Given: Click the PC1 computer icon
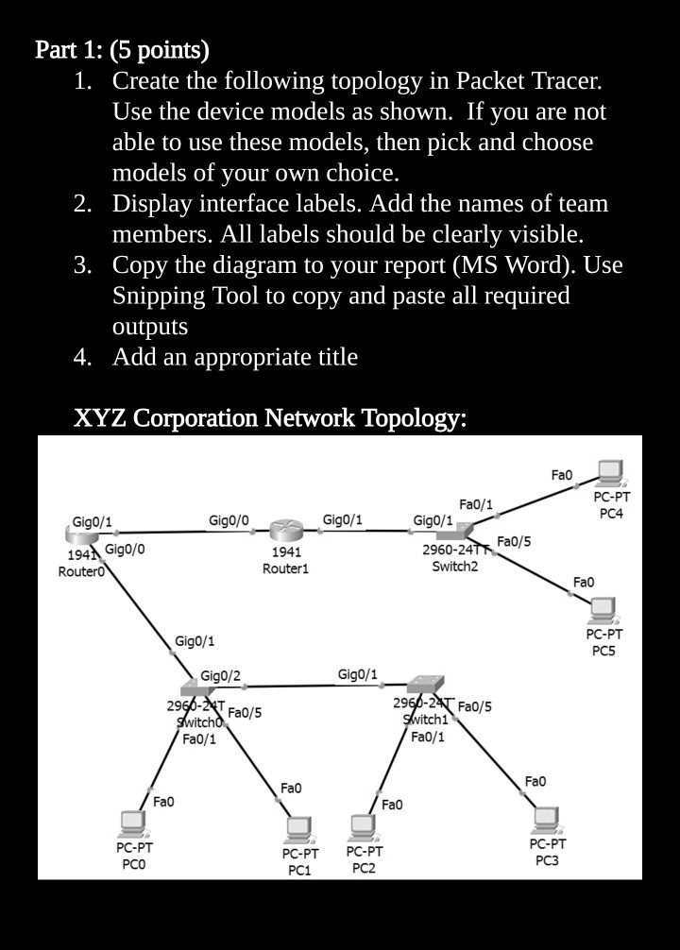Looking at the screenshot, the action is click(x=299, y=829).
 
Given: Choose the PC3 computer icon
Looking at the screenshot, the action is click(x=546, y=818).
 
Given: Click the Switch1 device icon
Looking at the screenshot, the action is click(x=421, y=684).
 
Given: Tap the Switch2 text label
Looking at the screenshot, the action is click(x=454, y=567).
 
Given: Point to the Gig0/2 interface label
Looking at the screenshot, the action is click(x=220, y=675).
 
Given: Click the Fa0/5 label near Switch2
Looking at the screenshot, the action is click(x=514, y=541).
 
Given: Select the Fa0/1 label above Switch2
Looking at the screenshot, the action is click(x=475, y=505).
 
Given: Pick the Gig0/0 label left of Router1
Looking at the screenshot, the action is click(x=229, y=520).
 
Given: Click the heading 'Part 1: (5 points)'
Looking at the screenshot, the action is click(x=122, y=49).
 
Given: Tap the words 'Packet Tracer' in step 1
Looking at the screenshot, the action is click(x=529, y=80).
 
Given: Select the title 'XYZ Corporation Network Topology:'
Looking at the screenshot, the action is click(x=269, y=417).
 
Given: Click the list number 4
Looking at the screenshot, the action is click(x=82, y=357).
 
